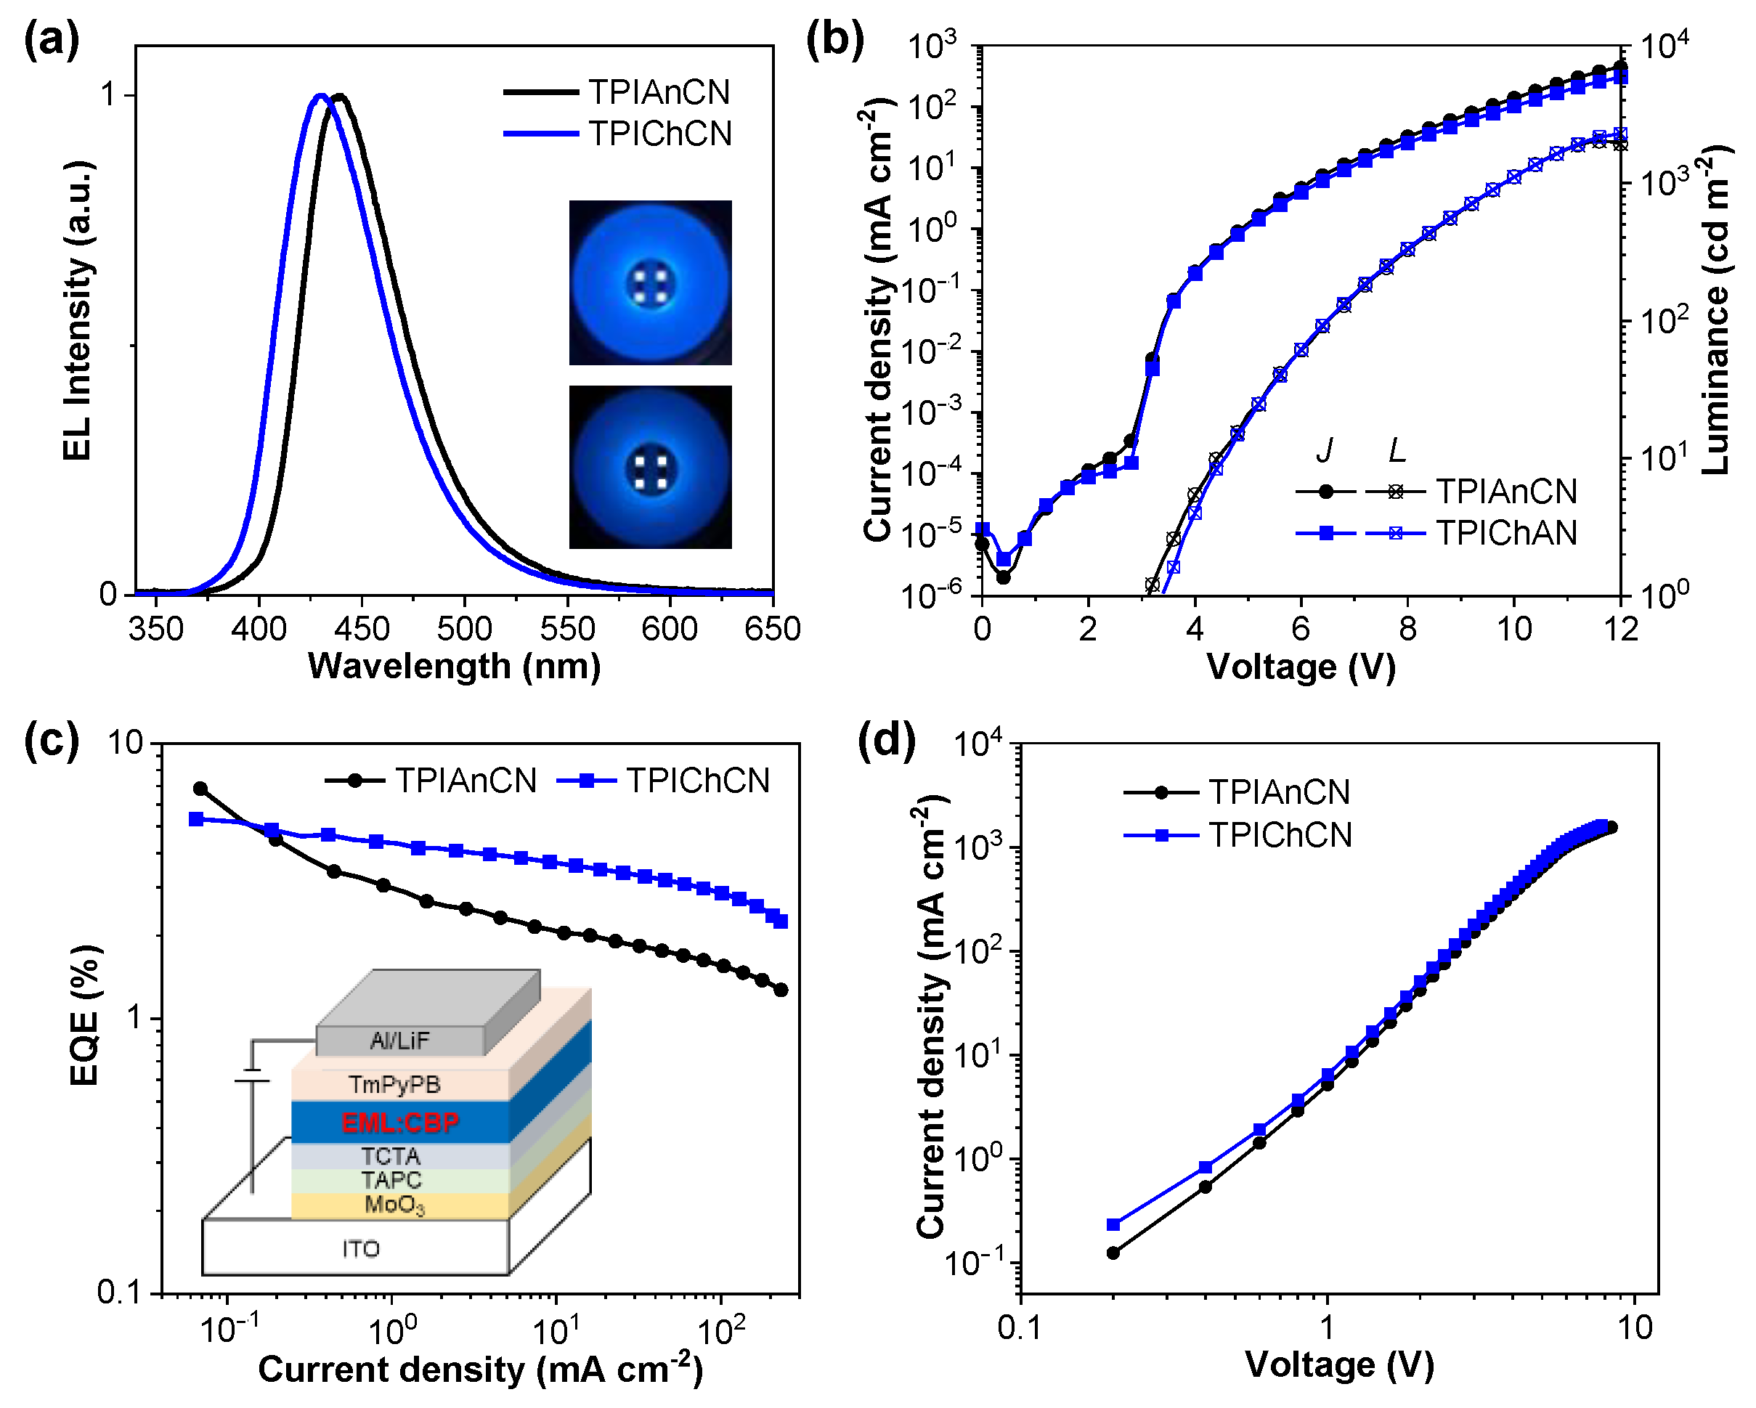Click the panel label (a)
pyautogui.click(x=52, y=39)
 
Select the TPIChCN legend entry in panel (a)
pyautogui.click(x=659, y=134)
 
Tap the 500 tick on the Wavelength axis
pyautogui.click(x=464, y=629)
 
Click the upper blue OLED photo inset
pyautogui.click(x=650, y=282)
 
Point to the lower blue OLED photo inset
pyautogui.click(x=650, y=467)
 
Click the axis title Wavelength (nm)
pyautogui.click(x=454, y=667)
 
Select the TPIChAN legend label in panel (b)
pyautogui.click(x=1506, y=534)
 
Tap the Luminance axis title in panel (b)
pyautogui.click(x=1715, y=309)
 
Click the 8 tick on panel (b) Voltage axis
pyautogui.click(x=1407, y=629)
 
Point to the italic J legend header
pyautogui.click(x=1325, y=450)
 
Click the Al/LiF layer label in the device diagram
pyautogui.click(x=399, y=1041)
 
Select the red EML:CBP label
pyautogui.click(x=399, y=1123)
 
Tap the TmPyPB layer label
pyautogui.click(x=394, y=1085)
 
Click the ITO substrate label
pyautogui.click(x=361, y=1248)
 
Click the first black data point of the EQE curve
pyautogui.click(x=200, y=789)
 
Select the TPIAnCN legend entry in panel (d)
pyautogui.click(x=1279, y=792)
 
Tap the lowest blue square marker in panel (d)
pyautogui.click(x=1113, y=1225)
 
